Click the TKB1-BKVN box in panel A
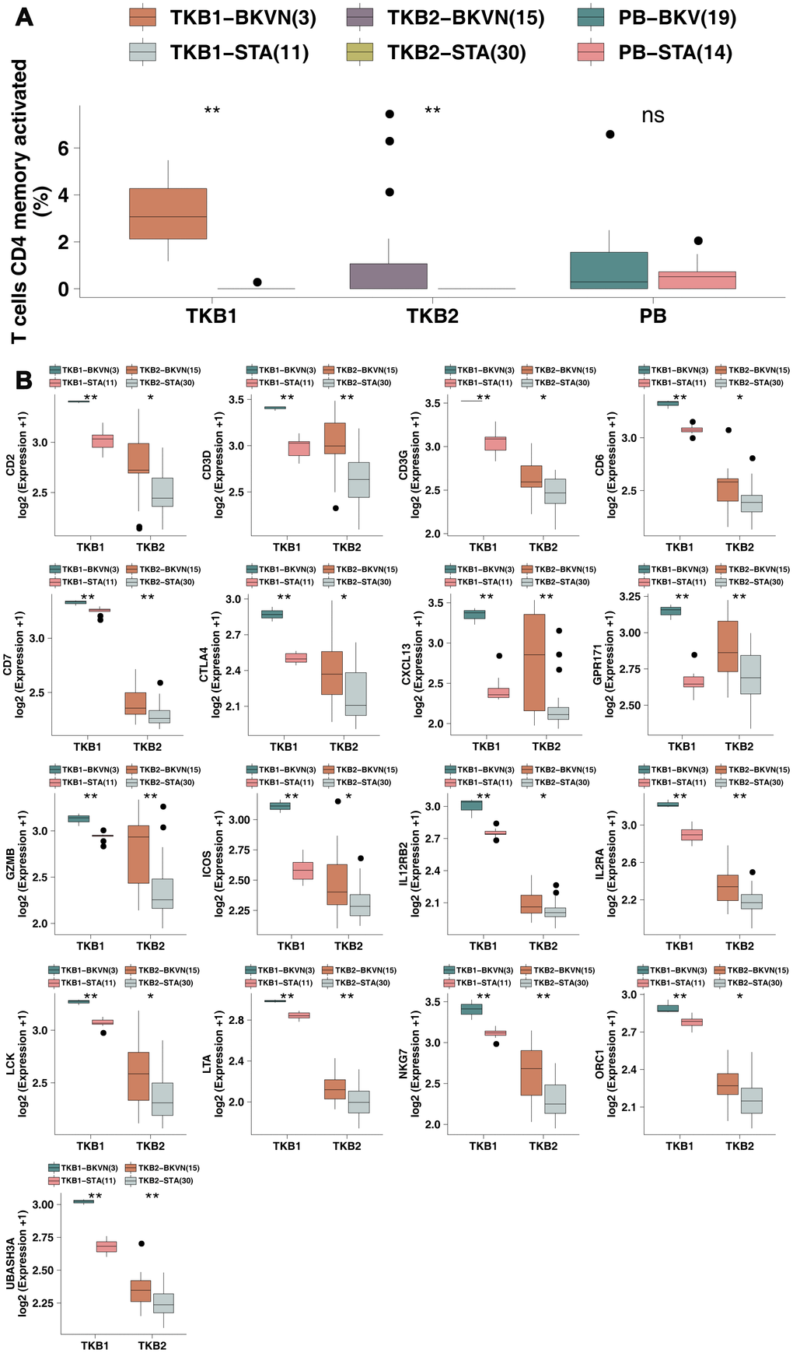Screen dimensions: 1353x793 pos(168,213)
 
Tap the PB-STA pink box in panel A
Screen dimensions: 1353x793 pos(697,280)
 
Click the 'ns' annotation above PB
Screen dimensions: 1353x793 pos(653,116)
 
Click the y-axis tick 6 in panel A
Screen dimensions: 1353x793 pos(64,148)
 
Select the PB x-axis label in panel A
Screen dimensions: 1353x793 pos(653,317)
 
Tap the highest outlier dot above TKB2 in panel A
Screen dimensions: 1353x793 pos(390,114)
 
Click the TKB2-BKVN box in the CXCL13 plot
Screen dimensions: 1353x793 pos(535,662)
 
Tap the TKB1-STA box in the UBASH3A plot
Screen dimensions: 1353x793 pos(106,1246)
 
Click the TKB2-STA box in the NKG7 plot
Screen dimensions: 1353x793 pos(555,1099)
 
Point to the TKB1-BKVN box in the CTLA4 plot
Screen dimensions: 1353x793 pos(271,615)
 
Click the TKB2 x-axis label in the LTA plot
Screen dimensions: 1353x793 pos(347,1146)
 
